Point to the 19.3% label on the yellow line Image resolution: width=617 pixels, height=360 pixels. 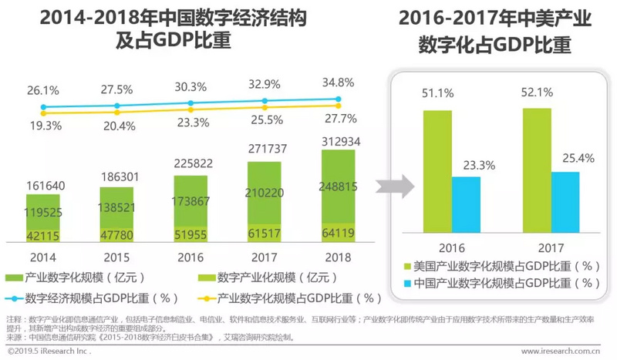pos(45,124)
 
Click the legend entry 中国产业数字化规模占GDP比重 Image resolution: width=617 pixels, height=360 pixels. pos(506,283)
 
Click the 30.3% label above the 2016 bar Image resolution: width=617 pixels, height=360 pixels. pos(190,87)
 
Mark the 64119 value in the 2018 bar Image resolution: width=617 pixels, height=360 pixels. pos(337,232)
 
